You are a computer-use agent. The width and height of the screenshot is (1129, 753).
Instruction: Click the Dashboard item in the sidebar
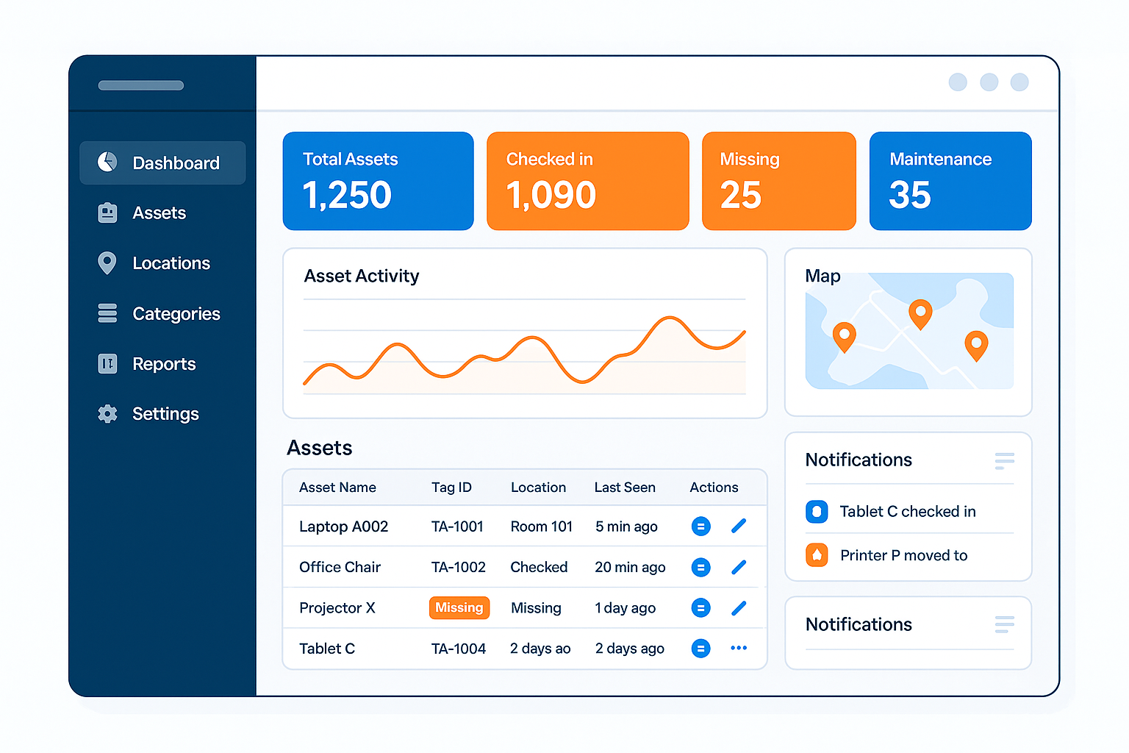point(162,163)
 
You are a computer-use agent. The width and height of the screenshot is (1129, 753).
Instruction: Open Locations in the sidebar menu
point(171,263)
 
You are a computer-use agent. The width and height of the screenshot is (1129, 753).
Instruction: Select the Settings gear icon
point(107,414)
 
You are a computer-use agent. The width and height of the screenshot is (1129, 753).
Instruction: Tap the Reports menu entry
point(163,364)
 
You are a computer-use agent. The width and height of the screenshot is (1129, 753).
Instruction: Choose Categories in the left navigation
point(176,314)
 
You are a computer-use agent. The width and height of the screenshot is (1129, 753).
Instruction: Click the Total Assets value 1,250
point(347,196)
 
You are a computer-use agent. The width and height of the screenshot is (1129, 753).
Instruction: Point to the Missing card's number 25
point(741,196)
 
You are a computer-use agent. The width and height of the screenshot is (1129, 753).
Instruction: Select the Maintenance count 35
point(910,196)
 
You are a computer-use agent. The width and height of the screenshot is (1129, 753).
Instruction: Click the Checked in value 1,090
point(551,196)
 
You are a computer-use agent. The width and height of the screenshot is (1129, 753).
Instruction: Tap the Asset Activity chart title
point(362,276)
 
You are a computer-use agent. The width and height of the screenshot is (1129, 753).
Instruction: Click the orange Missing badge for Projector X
point(459,607)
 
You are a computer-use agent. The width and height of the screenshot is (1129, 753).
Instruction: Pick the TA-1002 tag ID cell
point(459,567)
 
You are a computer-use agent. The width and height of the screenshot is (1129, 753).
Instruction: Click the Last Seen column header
point(625,488)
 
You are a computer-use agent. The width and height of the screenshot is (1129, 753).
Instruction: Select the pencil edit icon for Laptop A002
point(739,526)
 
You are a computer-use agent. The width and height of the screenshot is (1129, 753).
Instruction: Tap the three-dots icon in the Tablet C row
point(739,648)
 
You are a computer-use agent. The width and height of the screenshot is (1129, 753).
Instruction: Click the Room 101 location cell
point(542,527)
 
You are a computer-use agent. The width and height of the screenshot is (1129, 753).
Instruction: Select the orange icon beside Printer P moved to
point(817,555)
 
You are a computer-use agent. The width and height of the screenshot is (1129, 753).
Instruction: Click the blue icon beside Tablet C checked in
point(817,511)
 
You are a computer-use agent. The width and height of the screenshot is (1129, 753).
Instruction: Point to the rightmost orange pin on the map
point(976,344)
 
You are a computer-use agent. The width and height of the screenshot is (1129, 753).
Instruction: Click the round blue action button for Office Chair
point(701,567)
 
